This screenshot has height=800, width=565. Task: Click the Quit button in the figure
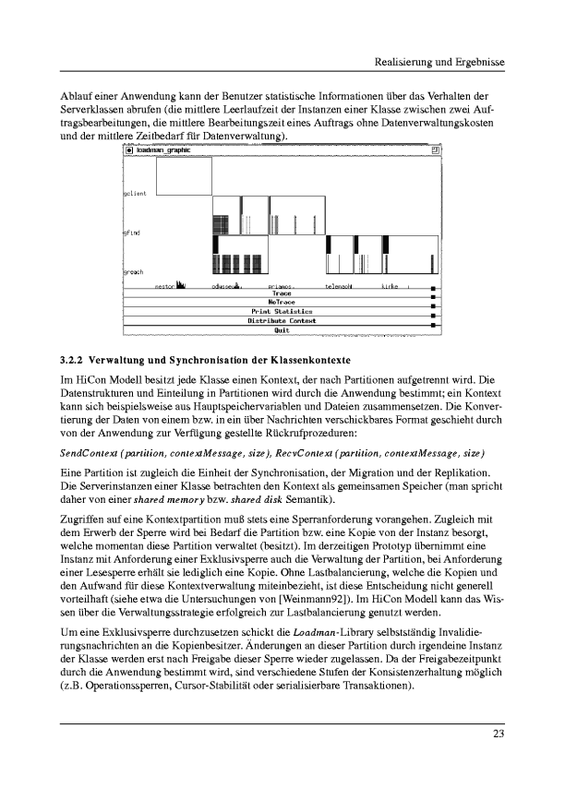point(282,329)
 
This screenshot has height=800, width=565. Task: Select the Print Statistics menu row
point(282,312)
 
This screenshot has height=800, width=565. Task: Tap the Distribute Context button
point(282,321)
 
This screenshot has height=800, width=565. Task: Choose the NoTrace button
point(282,303)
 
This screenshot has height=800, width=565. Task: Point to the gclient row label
point(135,194)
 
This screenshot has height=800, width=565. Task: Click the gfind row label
point(132,233)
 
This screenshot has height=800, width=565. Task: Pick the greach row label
point(133,273)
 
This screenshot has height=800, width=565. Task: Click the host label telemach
point(339,287)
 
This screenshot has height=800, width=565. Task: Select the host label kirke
point(390,287)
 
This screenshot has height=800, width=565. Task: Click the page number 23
point(499,734)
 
